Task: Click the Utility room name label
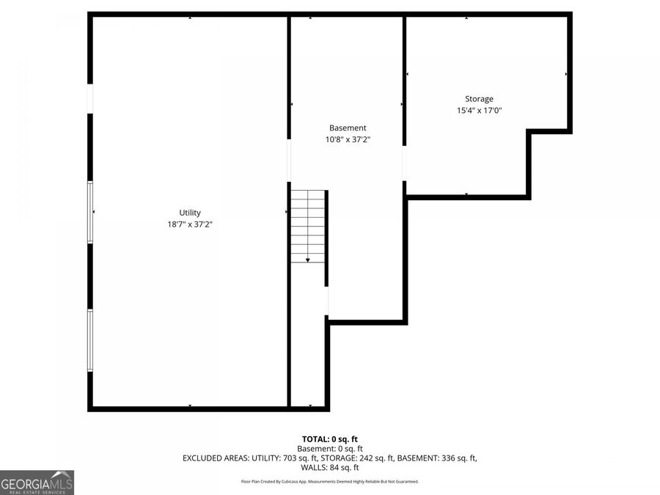(190, 213)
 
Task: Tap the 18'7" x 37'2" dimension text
(190, 224)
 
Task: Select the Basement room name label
(348, 128)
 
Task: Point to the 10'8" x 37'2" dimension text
(348, 139)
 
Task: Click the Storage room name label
(479, 99)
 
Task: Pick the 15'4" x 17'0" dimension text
(480, 110)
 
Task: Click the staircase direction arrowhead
(308, 260)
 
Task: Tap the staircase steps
(308, 227)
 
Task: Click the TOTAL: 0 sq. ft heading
(329, 439)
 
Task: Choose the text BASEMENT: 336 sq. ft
(437, 458)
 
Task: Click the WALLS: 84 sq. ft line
(329, 468)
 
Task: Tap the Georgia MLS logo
(37, 483)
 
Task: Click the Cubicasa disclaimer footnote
(329, 482)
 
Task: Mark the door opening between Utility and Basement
(289, 161)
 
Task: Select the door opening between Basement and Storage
(405, 164)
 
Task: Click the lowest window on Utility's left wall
(90, 340)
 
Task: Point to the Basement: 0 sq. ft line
(329, 449)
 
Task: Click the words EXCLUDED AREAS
(215, 458)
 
